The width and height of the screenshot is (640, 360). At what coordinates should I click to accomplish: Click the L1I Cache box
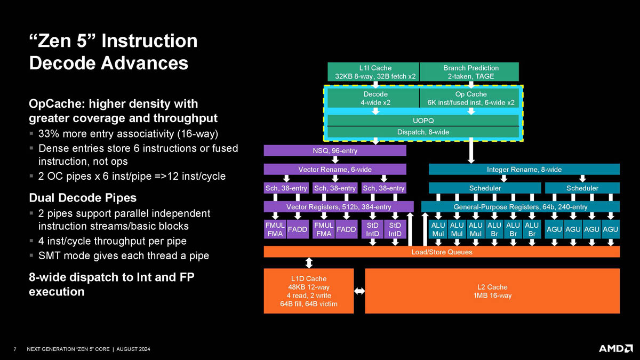375,72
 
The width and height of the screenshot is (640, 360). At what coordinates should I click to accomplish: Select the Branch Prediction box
470,72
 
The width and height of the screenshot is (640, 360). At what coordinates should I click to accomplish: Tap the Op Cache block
470,98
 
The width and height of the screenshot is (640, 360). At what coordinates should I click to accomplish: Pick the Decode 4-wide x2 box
375,98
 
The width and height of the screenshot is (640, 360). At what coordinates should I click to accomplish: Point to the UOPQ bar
423,120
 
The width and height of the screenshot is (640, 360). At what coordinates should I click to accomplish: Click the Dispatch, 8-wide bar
423,132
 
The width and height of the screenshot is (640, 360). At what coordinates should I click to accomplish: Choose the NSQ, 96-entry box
335,151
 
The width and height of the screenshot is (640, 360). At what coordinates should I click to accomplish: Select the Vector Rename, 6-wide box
335,170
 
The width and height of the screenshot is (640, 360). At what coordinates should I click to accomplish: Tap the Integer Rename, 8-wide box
524,170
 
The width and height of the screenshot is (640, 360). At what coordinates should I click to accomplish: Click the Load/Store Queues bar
442,252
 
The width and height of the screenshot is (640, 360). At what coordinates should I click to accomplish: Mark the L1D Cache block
309,291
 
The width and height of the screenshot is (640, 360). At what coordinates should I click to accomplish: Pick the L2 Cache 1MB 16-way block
492,291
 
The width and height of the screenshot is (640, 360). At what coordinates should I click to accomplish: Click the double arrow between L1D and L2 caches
359,291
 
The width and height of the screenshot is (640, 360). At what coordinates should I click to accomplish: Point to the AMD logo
615,348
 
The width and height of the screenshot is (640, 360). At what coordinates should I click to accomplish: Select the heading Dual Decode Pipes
82,198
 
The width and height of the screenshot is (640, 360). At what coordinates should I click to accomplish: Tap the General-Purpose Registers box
520,207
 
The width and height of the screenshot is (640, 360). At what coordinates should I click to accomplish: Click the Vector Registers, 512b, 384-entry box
339,207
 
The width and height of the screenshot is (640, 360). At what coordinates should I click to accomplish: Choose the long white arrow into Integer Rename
471,153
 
